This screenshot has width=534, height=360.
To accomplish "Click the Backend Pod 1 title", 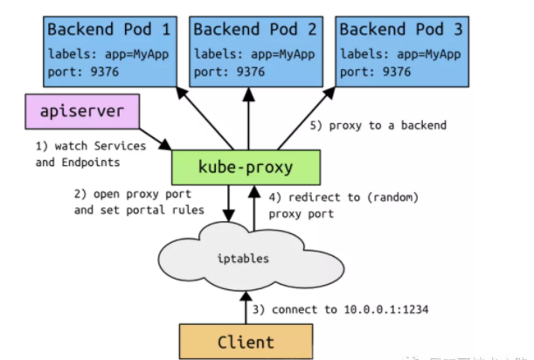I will pos(109,28).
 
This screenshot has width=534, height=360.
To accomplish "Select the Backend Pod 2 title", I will pos(253,28).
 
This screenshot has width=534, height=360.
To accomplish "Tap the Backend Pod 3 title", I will pos(399,28).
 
